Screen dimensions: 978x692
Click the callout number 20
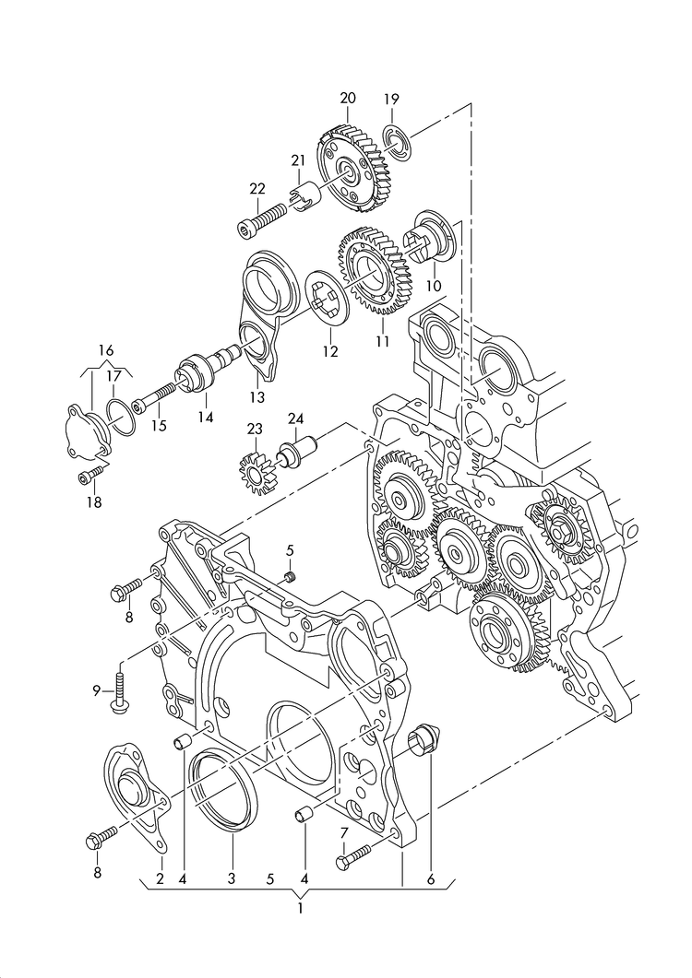click(347, 98)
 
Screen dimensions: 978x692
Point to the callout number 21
click(297, 161)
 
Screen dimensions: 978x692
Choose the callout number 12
click(329, 351)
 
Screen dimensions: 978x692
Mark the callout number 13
click(256, 397)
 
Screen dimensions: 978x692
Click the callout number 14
click(205, 418)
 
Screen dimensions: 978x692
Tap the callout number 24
click(295, 419)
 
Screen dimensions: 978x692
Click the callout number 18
click(94, 502)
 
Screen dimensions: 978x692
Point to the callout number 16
click(106, 350)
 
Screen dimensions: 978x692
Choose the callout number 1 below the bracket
click(300, 908)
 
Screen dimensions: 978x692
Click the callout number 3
click(232, 879)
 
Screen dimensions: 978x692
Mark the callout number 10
click(434, 287)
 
